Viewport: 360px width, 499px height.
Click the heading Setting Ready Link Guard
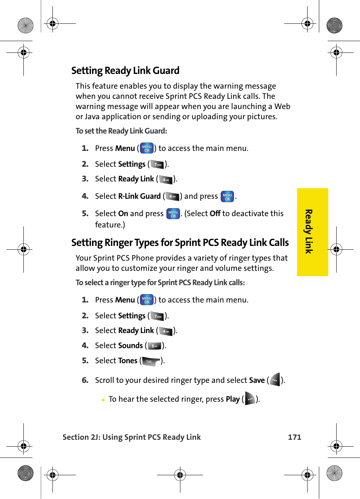pos(125,71)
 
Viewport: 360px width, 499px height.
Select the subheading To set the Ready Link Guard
pos(121,131)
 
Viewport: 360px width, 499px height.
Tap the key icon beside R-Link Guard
pos(172,196)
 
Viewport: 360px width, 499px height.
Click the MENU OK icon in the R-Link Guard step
pos(227,197)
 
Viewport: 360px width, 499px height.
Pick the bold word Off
pos(215,213)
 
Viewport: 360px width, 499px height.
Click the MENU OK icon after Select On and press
pos(173,214)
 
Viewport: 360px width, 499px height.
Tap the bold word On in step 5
pos(123,213)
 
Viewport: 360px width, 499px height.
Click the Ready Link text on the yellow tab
pos(309,232)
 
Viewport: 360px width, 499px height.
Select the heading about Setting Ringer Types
pos(180,243)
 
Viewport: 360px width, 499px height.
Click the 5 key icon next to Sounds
pos(154,346)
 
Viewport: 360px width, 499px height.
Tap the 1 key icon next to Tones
pos(151,361)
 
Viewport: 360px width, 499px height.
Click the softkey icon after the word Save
pos(275,380)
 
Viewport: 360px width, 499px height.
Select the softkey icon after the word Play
pos(250,399)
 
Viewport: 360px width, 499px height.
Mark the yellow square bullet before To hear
pos(103,400)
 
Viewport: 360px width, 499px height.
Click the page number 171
pos(294,437)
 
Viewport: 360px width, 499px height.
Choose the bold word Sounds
pos(131,345)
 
